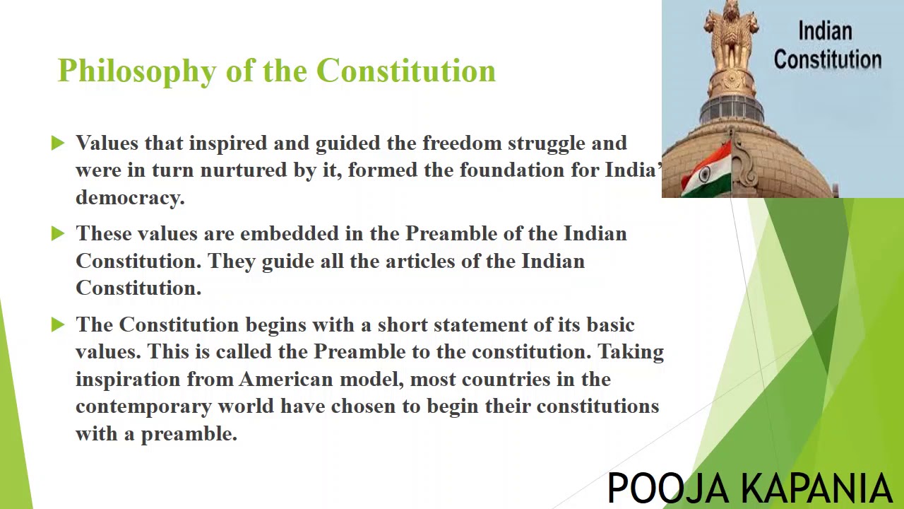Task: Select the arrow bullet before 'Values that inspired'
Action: (x=58, y=144)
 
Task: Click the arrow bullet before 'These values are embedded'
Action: (x=58, y=234)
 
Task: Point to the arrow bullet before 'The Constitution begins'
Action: (x=58, y=324)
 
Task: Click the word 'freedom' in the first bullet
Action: (x=462, y=144)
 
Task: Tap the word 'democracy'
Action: (x=129, y=198)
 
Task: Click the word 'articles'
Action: (x=420, y=261)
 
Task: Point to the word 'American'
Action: (x=285, y=380)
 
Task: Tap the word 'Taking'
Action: (x=631, y=352)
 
